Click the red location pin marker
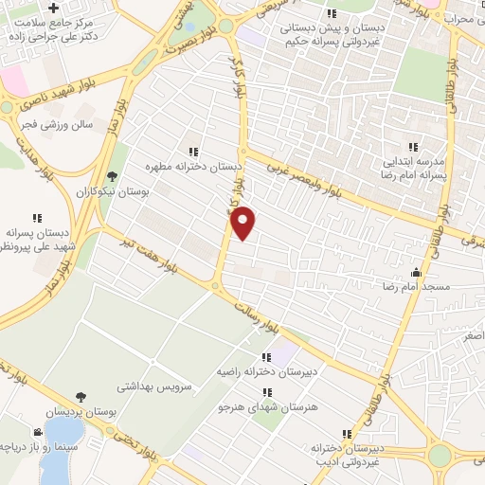[x=244, y=223]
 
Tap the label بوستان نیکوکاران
[x=113, y=191]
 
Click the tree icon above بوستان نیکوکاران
[x=113, y=176]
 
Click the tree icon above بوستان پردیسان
[x=80, y=396]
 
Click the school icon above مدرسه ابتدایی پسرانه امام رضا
[x=412, y=147]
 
